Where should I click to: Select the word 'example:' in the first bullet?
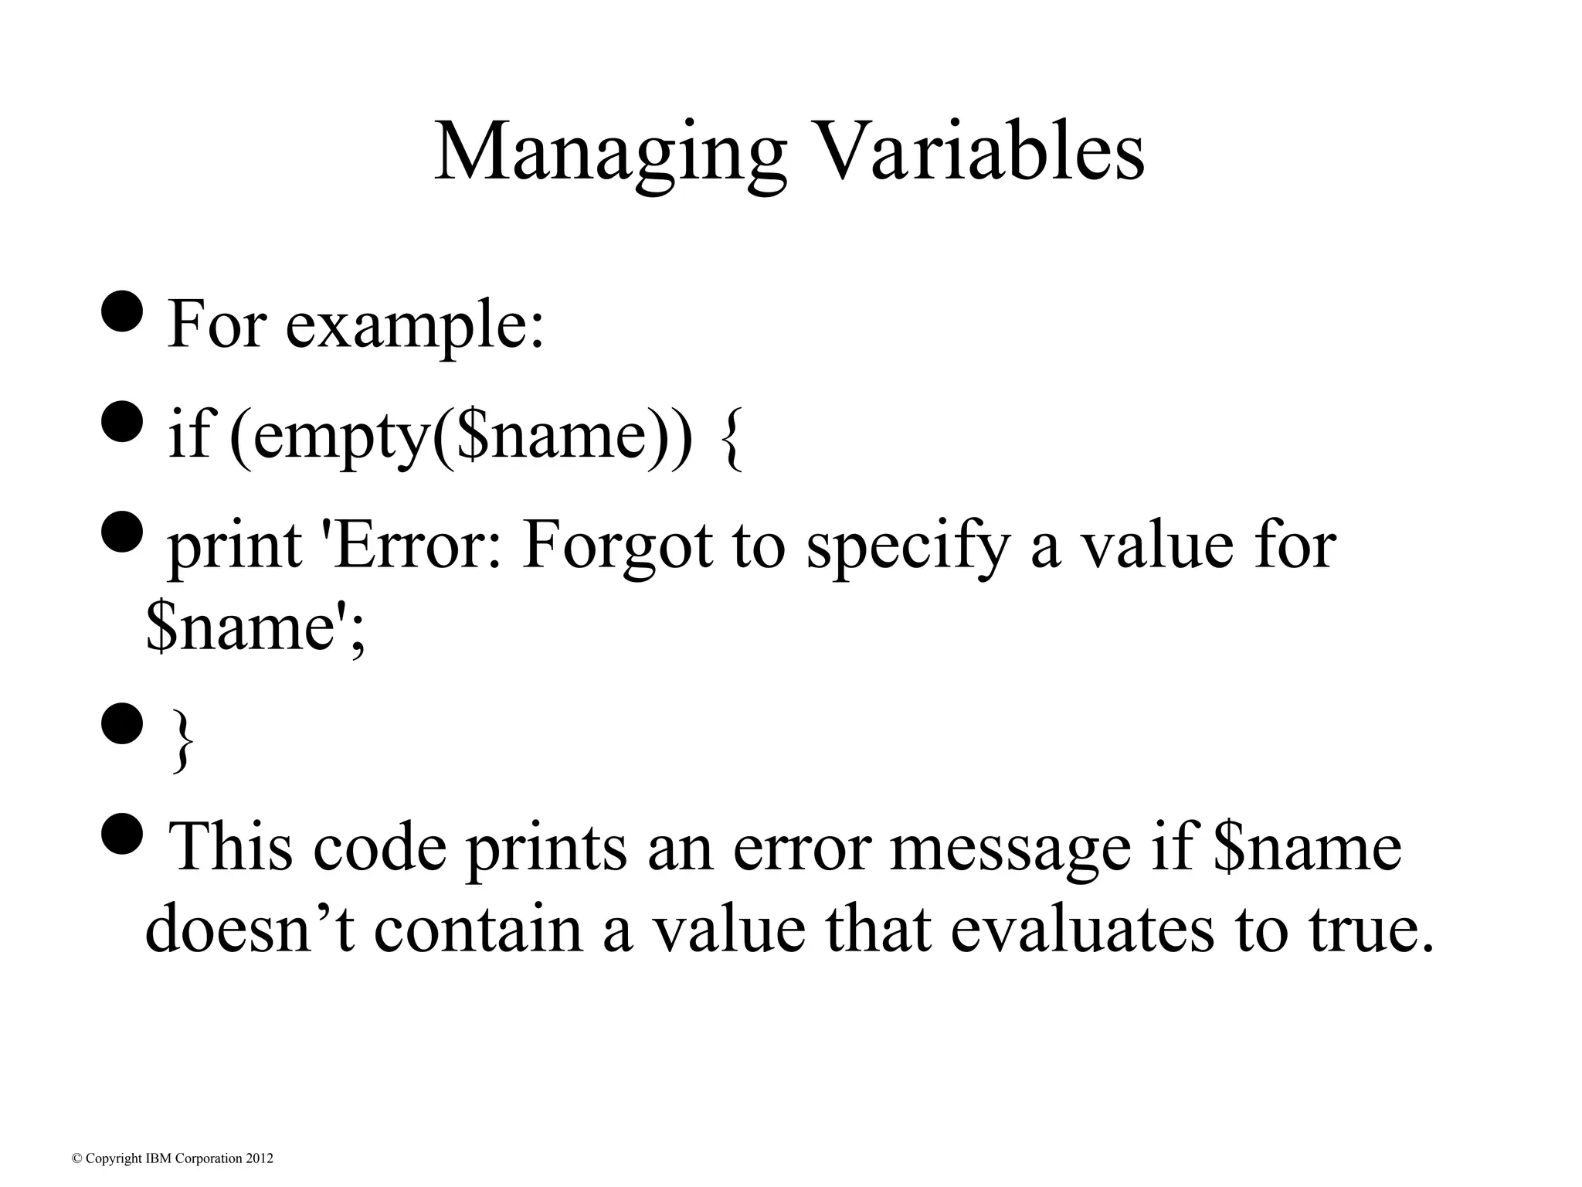pyautogui.click(x=415, y=325)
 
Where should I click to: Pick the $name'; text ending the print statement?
pyautogui.click(x=255, y=628)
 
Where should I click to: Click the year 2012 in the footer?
pyautogui.click(x=260, y=1158)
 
